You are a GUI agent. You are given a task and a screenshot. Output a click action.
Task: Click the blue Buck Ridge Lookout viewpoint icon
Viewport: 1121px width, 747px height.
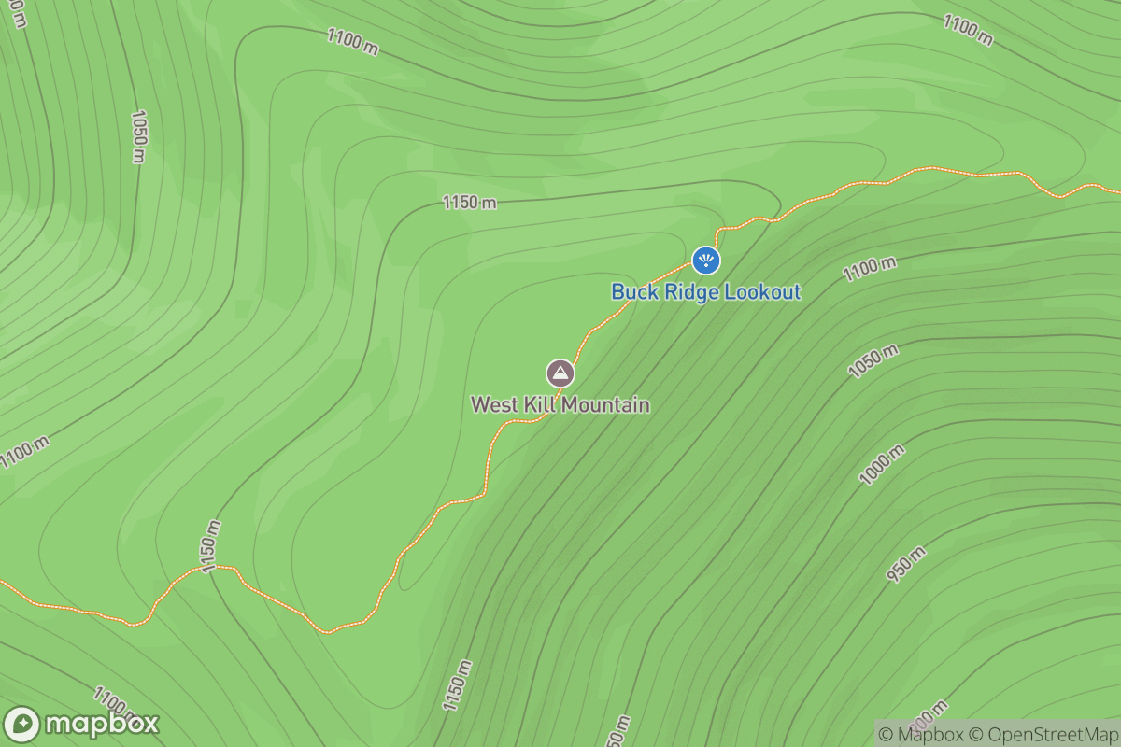(x=705, y=261)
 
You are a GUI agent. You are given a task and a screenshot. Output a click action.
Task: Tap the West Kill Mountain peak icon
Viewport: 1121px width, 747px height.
(x=560, y=374)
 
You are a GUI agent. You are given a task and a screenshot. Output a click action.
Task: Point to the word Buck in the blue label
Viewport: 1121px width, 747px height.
(x=633, y=292)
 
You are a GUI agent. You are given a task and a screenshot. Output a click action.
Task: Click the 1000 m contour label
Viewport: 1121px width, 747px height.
(x=883, y=465)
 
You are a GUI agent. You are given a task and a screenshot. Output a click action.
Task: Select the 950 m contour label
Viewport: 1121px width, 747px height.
(x=906, y=565)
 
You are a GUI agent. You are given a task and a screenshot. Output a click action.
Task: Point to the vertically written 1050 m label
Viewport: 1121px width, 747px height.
(x=138, y=136)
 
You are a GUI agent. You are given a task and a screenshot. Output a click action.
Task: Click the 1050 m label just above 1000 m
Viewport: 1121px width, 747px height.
(x=873, y=361)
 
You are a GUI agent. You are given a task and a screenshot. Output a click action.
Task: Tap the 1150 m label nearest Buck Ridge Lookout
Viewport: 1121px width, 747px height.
(x=469, y=203)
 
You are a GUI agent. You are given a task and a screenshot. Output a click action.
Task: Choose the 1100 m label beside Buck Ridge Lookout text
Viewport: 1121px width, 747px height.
(x=869, y=269)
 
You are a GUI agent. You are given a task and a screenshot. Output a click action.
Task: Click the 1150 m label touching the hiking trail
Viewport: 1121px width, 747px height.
(x=209, y=546)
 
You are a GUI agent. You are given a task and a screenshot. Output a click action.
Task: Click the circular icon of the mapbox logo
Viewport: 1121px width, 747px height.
(x=21, y=725)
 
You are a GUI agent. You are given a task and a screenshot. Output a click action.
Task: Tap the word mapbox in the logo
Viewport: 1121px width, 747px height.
(x=102, y=725)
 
